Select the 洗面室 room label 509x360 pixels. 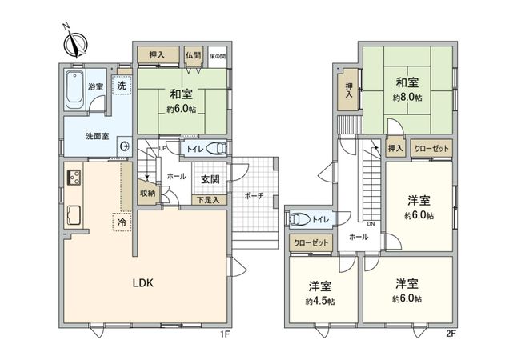[98, 136]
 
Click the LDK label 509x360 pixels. [143, 282]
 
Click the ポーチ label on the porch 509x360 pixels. [254, 194]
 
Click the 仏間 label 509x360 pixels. [192, 55]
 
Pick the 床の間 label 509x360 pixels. [217, 55]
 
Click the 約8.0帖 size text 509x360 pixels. [407, 96]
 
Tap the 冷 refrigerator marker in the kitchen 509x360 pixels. [122, 222]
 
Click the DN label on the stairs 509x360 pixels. [370, 224]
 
